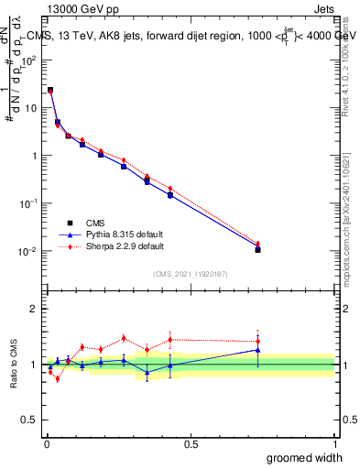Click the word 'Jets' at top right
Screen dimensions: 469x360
pyautogui.click(x=322, y=7)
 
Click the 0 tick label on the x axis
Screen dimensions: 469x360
pyautogui.click(x=46, y=444)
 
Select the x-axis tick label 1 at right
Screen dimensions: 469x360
pyautogui.click(x=333, y=444)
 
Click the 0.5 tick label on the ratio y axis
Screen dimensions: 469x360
pyautogui.click(x=30, y=420)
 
